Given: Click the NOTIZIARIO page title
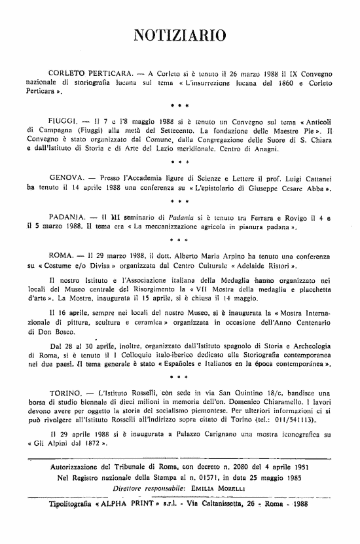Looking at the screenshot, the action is click(179, 35).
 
